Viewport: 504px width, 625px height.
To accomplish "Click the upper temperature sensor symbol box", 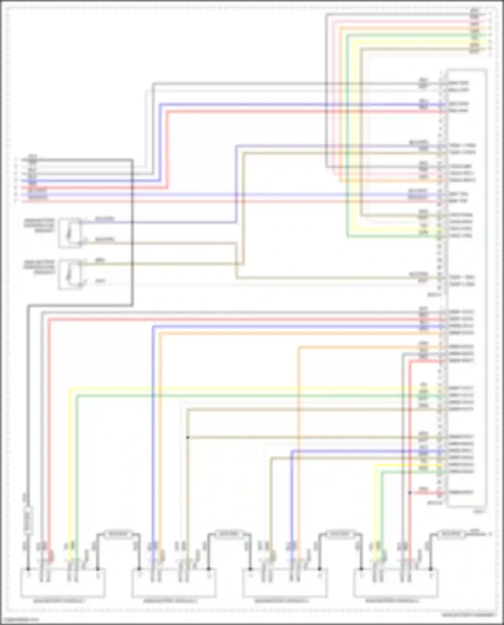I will [x=70, y=233].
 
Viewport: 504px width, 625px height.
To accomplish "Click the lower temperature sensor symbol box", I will [x=70, y=274].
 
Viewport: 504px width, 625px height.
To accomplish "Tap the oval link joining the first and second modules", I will [x=118, y=534].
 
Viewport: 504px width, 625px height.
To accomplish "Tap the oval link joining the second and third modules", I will [x=229, y=534].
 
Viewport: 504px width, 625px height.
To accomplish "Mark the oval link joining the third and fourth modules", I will [x=340, y=534].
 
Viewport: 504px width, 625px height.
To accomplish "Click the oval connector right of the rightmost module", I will [x=451, y=534].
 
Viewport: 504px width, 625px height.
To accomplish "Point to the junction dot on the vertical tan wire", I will [x=188, y=437].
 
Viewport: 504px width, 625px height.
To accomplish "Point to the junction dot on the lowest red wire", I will [x=410, y=493].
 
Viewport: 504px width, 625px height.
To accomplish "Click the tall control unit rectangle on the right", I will [x=467, y=289].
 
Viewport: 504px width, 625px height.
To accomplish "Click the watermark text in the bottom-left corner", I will [x=19, y=620].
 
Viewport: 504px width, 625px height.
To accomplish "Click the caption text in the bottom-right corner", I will [x=469, y=615].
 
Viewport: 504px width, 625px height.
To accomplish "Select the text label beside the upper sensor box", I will [x=39, y=225].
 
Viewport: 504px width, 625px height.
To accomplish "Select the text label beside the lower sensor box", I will [x=39, y=267].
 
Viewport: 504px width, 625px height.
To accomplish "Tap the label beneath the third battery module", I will [x=282, y=601].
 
